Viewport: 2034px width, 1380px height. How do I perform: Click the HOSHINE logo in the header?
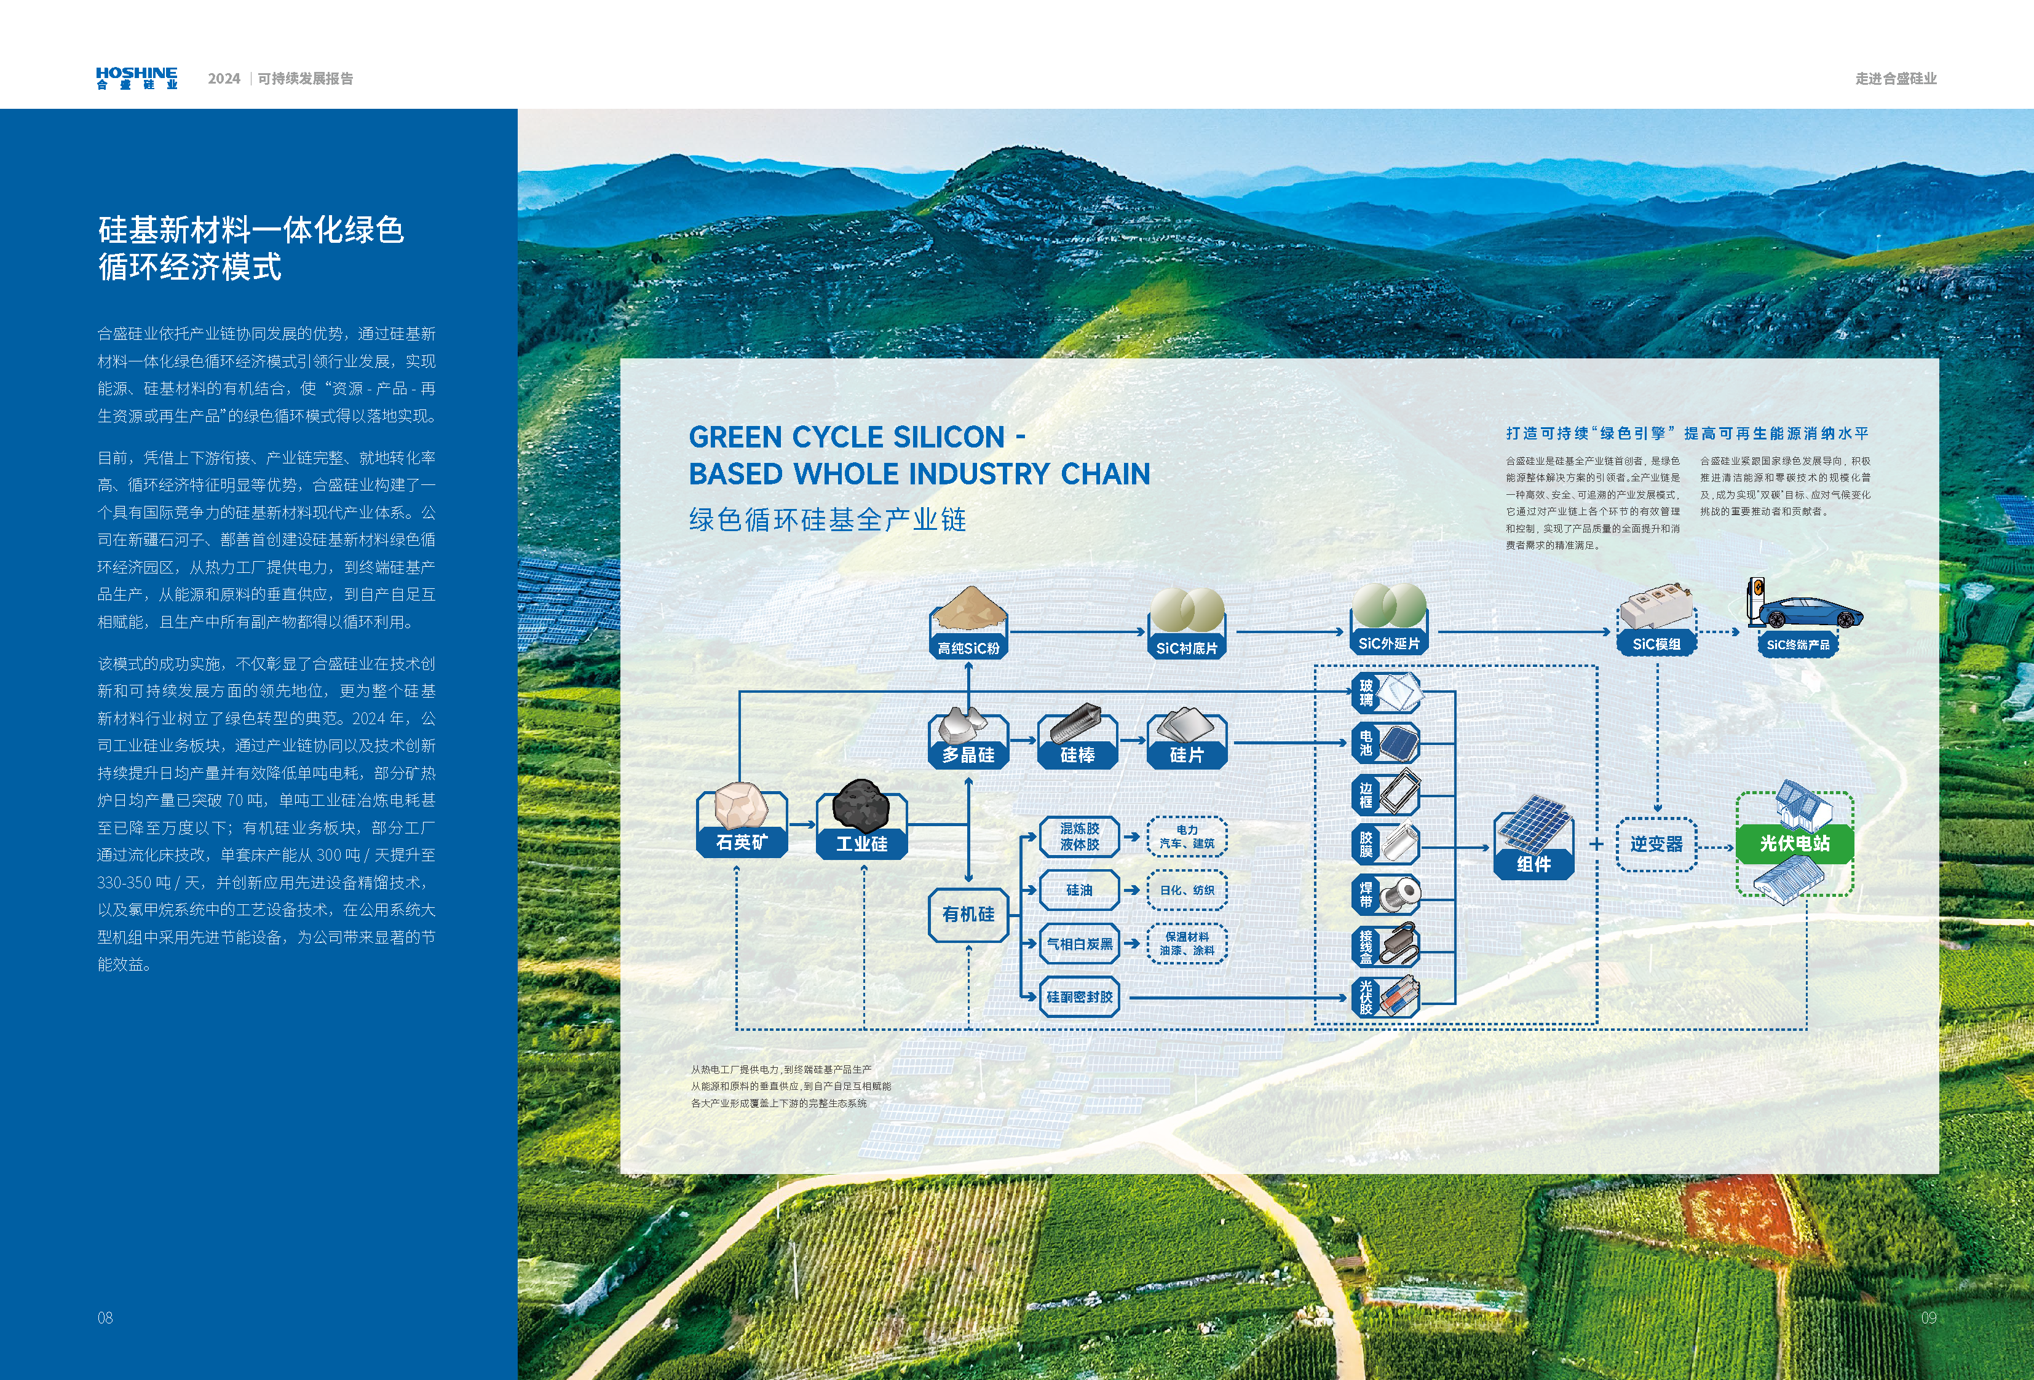(137, 78)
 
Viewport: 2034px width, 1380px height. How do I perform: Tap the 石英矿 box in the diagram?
(742, 841)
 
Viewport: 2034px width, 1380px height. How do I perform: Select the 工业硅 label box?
(861, 843)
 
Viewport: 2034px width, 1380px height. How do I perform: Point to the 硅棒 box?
(1077, 754)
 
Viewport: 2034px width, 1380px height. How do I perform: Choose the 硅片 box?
(1187, 754)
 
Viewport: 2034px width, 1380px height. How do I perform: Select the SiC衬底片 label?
(1187, 647)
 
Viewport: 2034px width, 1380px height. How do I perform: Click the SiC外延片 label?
(1389, 643)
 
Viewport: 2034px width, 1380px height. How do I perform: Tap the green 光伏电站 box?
(1795, 843)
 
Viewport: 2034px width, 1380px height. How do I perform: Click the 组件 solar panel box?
(1533, 864)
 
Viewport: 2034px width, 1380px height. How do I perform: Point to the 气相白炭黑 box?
(1080, 944)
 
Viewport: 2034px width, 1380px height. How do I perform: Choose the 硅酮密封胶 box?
(1080, 996)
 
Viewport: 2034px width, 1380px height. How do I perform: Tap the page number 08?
(105, 1318)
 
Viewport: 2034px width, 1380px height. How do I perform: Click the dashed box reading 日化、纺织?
(1187, 890)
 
